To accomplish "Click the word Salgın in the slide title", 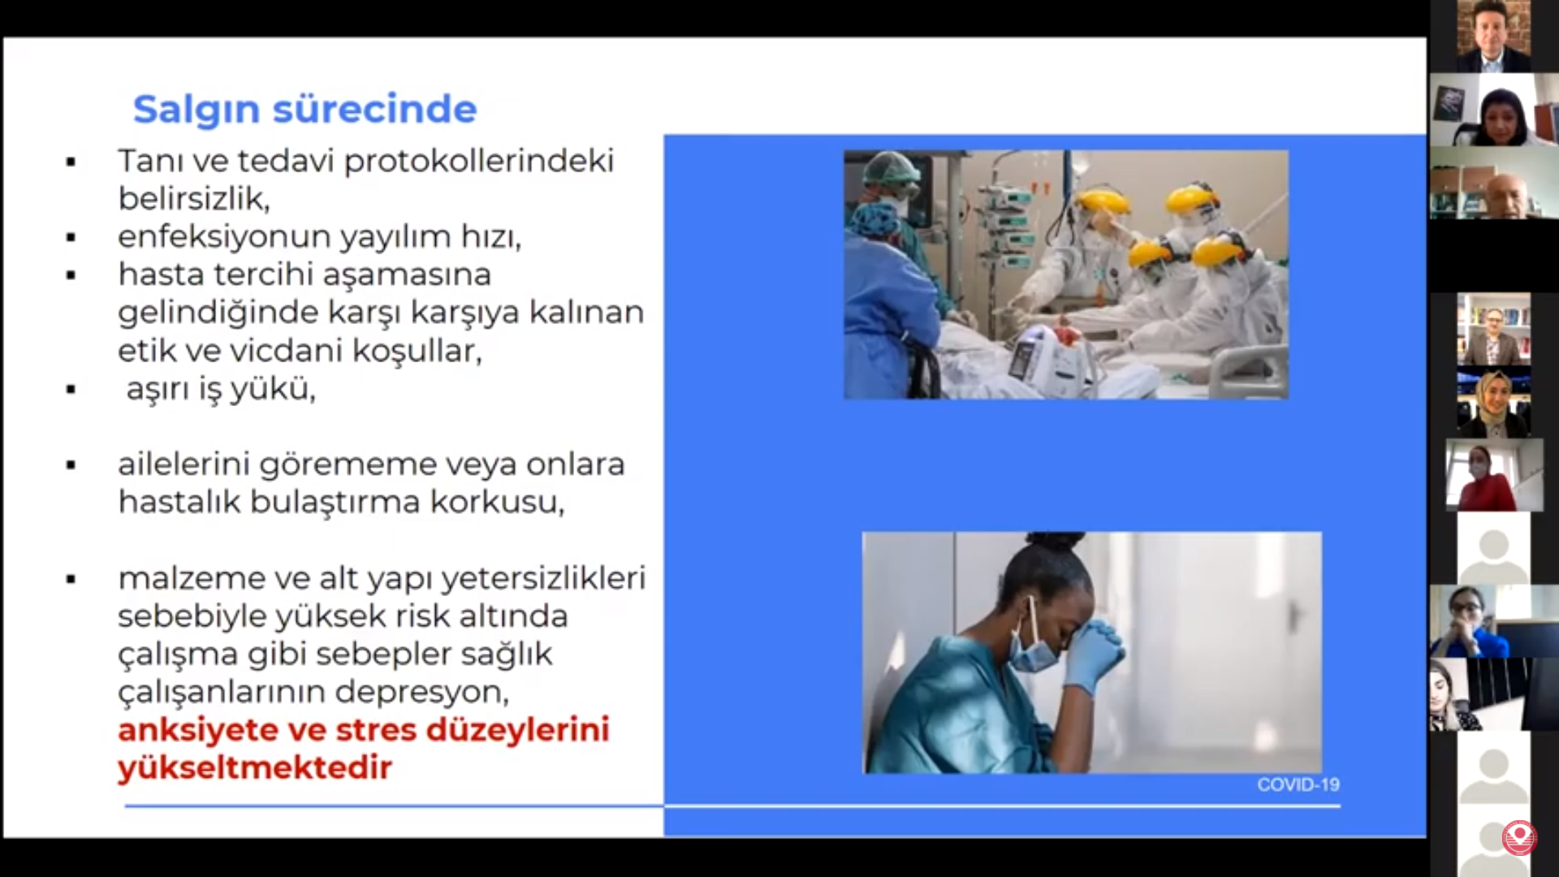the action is (x=196, y=110).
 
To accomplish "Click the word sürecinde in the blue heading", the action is (x=374, y=109).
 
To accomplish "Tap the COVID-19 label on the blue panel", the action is (x=1298, y=784).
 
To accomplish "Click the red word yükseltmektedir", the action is (x=255, y=767).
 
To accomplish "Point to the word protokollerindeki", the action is (x=479, y=161).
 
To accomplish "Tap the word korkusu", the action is (x=496, y=502).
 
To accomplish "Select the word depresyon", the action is (x=421, y=693).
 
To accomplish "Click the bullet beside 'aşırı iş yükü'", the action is (x=71, y=390).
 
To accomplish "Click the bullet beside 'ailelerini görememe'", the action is (x=71, y=465).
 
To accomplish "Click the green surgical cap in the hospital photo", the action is (x=890, y=168).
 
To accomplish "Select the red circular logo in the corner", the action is (x=1518, y=837).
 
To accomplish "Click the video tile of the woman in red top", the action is (x=1494, y=475).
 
